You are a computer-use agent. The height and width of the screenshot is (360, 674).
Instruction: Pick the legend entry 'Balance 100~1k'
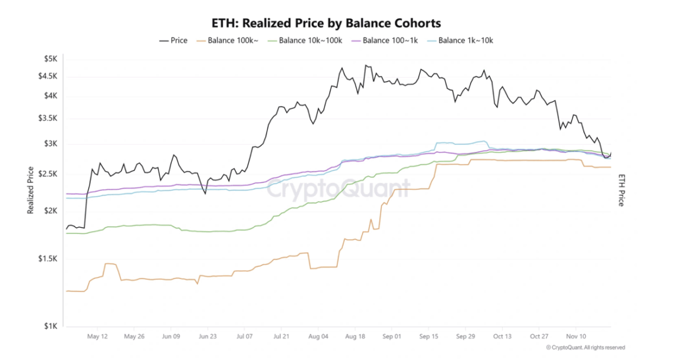click(388, 41)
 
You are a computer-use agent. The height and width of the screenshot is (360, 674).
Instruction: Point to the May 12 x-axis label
click(97, 336)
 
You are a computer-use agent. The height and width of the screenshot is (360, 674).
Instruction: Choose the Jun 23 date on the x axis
click(207, 336)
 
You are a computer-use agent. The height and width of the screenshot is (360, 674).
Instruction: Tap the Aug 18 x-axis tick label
click(355, 336)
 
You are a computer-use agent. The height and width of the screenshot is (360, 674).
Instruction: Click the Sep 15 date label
click(428, 336)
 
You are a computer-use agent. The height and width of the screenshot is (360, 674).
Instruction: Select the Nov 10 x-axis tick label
click(576, 336)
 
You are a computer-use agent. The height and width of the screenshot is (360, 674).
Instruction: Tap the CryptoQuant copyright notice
click(585, 347)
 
